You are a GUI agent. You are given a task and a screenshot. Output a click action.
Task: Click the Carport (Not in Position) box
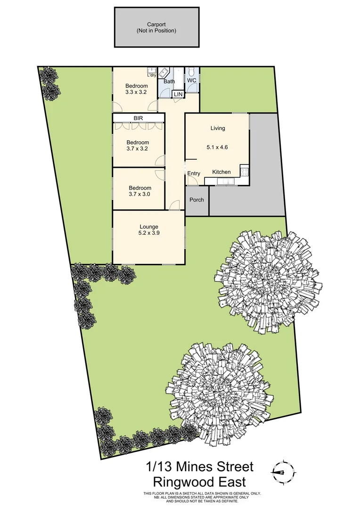[155, 27]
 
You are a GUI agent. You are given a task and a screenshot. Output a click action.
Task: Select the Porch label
[196, 200]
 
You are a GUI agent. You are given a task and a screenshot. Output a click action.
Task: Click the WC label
[191, 81]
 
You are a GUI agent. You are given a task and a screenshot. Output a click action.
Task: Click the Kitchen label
[221, 172]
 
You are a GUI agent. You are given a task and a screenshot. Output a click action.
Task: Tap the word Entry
[194, 174]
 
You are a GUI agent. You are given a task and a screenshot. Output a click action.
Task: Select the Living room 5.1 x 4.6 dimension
[217, 147]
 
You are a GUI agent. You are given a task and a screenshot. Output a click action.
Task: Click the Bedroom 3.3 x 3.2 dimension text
[137, 92]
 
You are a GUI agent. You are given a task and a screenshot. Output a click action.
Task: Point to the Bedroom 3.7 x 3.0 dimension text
[139, 194]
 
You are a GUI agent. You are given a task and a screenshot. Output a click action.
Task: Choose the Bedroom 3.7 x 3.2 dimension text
[138, 149]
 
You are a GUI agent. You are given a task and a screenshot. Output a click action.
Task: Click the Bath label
[169, 82]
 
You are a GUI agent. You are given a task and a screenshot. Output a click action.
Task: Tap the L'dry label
[152, 75]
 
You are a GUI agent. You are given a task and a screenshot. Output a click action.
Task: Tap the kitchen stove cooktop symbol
[244, 171]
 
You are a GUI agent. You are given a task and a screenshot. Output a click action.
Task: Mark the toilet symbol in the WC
[191, 71]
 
